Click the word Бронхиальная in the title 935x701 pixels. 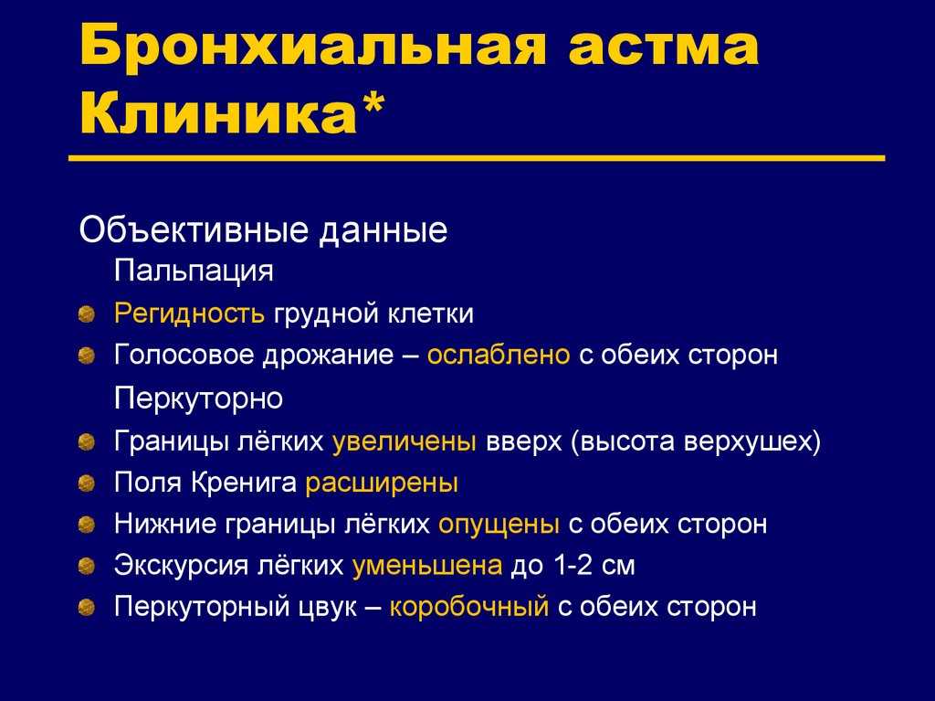(312, 46)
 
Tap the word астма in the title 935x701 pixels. (663, 48)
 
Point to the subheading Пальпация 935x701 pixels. (194, 271)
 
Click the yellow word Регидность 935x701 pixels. (189, 314)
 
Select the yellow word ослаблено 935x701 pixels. (499, 355)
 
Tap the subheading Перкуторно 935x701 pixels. (198, 398)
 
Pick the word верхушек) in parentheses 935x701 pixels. (752, 442)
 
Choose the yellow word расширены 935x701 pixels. (382, 483)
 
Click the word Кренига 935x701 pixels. (243, 483)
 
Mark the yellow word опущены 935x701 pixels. (499, 525)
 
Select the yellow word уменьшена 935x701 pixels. (427, 566)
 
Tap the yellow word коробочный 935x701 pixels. (468, 607)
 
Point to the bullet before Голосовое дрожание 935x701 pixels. (87, 356)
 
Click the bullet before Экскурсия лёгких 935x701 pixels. (87, 566)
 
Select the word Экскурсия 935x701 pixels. (181, 566)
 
